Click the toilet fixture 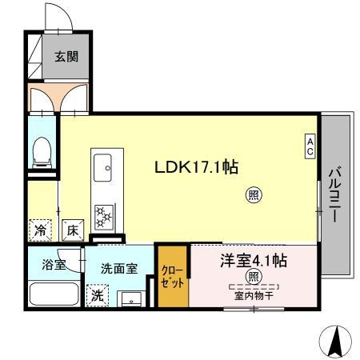pyautogui.click(x=42, y=152)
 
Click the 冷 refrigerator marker pyautogui.click(x=39, y=230)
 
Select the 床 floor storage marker pyautogui.click(x=71, y=230)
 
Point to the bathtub pyautogui.click(x=53, y=294)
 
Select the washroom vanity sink pyautogui.click(x=130, y=298)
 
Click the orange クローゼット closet pyautogui.click(x=172, y=277)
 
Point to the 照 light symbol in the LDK pyautogui.click(x=253, y=194)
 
